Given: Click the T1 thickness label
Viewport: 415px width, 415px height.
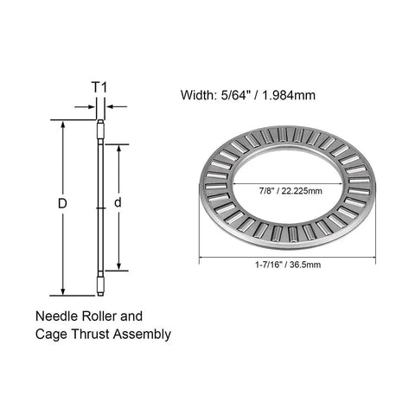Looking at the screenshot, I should coord(100,86).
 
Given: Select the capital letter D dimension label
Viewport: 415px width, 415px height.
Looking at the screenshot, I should coord(61,205).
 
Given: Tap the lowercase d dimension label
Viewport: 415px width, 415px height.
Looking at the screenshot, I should coord(119,205).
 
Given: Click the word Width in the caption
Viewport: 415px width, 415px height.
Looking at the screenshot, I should coord(198,95).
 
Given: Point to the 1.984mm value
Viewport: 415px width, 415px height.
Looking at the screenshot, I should coord(293,95).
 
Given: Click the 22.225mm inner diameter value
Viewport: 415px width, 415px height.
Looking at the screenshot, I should coord(301,190).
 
